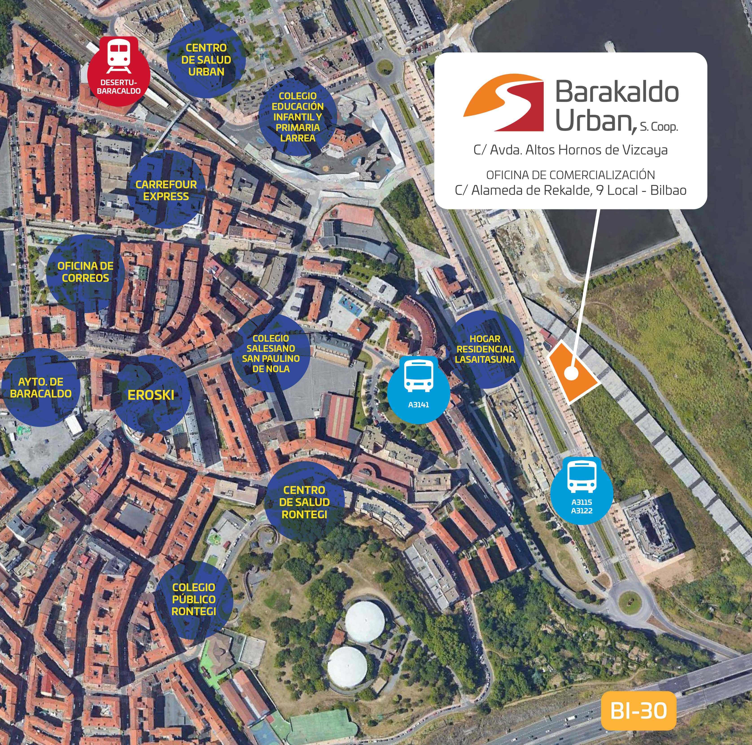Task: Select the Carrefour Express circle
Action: click(166, 190)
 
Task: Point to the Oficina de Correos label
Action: click(85, 272)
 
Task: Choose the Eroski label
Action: click(151, 395)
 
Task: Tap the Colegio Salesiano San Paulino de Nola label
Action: click(271, 353)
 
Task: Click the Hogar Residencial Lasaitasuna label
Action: click(485, 349)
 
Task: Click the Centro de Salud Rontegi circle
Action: click(304, 502)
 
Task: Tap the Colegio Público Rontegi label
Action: click(194, 599)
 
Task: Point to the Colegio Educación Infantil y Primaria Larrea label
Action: click(298, 117)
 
